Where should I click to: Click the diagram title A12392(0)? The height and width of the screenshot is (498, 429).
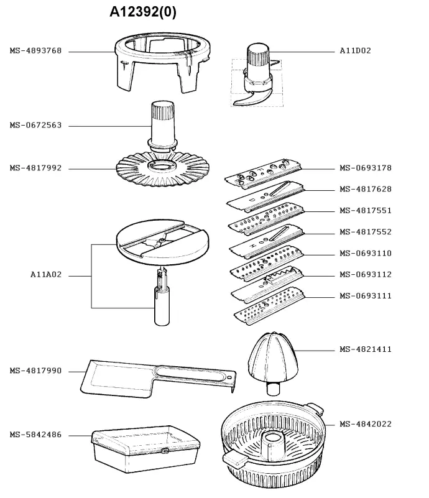[x=143, y=12]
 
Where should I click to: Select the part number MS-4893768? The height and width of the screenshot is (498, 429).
[x=35, y=51]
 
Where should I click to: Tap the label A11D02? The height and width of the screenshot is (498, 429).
[x=355, y=51]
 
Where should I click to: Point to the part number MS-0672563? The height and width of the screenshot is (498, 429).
[x=35, y=126]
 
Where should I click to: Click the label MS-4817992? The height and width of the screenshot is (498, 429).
[x=35, y=168]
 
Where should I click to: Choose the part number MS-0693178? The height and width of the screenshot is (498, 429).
[x=365, y=168]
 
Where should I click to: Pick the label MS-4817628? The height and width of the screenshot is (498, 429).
[x=365, y=189]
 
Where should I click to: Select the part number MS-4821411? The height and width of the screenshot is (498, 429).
[x=365, y=349]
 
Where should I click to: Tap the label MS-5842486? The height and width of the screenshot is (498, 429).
[x=35, y=435]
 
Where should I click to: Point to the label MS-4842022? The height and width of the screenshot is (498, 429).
[x=365, y=424]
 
